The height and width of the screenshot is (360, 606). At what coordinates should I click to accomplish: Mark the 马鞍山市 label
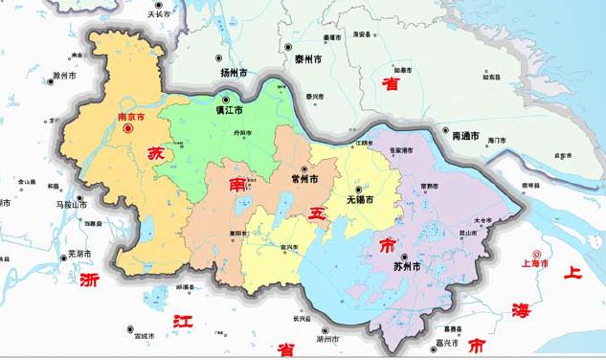(x=71, y=204)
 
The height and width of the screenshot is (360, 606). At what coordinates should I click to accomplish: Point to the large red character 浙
(x=90, y=281)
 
